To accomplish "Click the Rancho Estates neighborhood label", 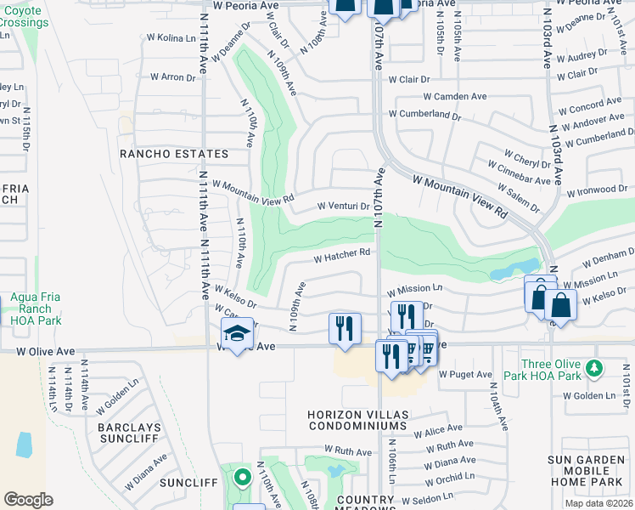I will coord(174,154).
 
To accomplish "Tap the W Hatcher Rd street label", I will coord(342,253).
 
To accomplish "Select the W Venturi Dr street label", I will coord(344,206).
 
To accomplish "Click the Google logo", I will coord(28,499).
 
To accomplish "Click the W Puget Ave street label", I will coord(466,374).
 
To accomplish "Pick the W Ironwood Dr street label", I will coord(597,190).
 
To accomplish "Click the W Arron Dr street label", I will coord(172,76).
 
